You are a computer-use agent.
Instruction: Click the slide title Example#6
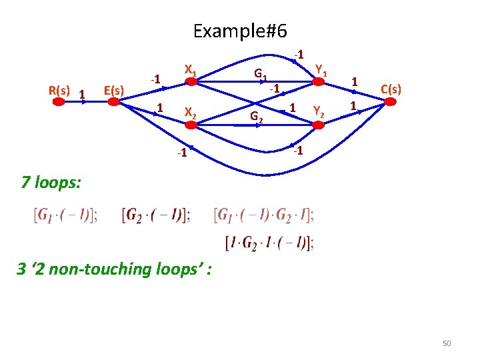pyautogui.click(x=239, y=31)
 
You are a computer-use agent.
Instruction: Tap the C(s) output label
pyautogui.click(x=390, y=89)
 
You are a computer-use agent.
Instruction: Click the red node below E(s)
pyautogui.click(x=114, y=102)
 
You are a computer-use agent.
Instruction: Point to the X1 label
pyautogui.click(x=190, y=70)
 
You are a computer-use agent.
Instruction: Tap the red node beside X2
pyautogui.click(x=190, y=123)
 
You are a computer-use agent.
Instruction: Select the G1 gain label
pyautogui.click(x=261, y=74)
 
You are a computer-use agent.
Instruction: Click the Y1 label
pyautogui.click(x=321, y=69)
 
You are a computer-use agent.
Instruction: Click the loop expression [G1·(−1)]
pyautogui.click(x=65, y=215)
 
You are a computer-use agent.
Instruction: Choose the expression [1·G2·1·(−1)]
pyautogui.click(x=270, y=243)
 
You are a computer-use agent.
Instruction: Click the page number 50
pyautogui.click(x=447, y=343)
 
